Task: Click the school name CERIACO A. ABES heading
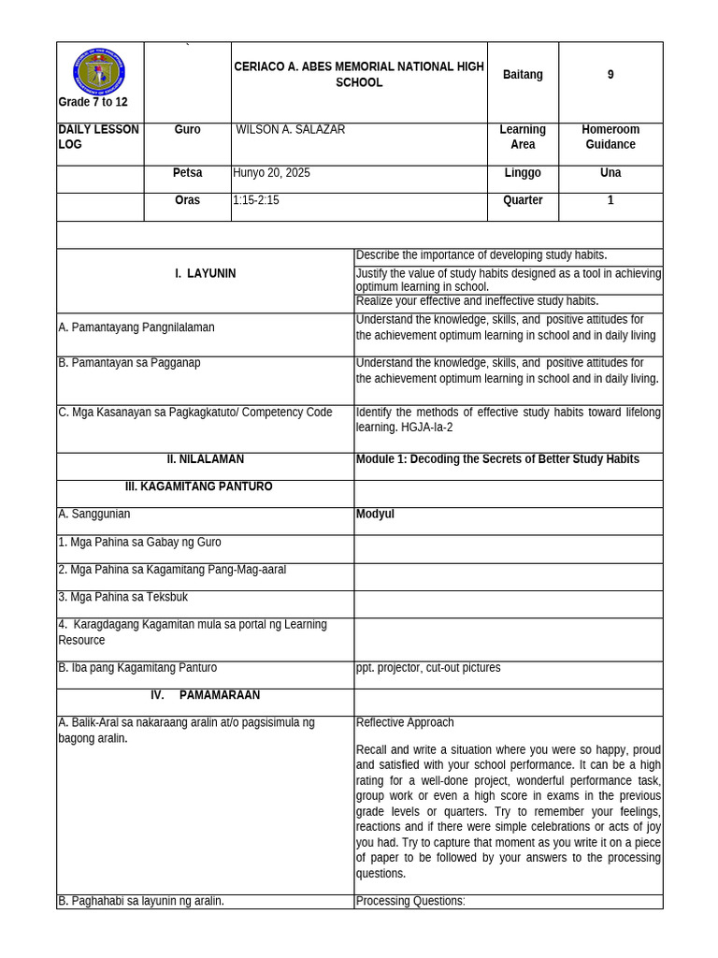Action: click(x=359, y=75)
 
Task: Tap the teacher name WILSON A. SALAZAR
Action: click(x=292, y=130)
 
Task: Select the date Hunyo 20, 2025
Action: click(x=272, y=173)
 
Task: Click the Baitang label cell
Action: click(x=523, y=75)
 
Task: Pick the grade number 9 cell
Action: click(x=610, y=75)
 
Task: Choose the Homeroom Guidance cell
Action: click(x=610, y=138)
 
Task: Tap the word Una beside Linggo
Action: click(x=610, y=173)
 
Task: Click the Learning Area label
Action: click(x=523, y=138)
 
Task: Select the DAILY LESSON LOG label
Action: click(x=98, y=138)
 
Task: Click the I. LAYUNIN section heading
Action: click(x=205, y=274)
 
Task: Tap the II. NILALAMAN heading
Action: click(x=205, y=459)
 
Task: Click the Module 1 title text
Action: click(x=497, y=459)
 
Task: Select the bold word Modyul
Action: click(x=375, y=515)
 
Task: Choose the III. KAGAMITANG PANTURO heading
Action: click(x=198, y=486)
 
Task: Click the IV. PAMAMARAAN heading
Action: click(x=205, y=696)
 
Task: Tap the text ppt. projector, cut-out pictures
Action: click(x=428, y=668)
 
